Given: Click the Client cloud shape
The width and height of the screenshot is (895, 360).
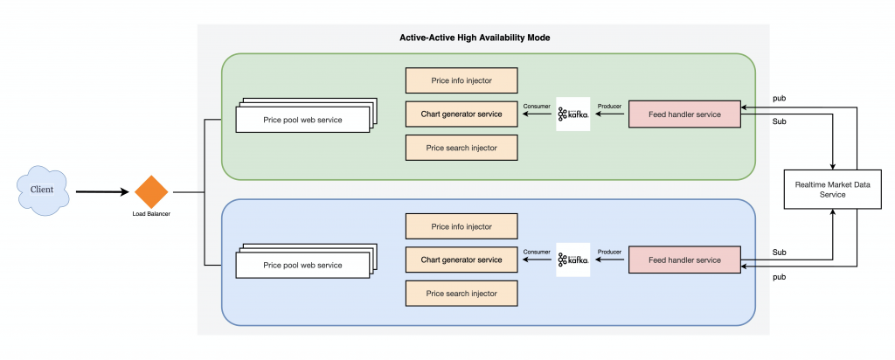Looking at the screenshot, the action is click(x=43, y=190).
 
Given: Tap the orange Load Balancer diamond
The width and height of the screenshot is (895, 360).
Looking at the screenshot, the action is click(x=151, y=192).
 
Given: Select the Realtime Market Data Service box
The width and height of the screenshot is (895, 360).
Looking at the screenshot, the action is click(x=833, y=190).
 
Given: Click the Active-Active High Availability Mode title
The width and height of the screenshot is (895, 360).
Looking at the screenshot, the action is click(x=475, y=38).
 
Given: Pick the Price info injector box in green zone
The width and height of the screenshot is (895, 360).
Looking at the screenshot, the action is click(x=461, y=80).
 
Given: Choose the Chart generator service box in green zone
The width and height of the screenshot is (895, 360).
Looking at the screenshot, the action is click(x=461, y=114).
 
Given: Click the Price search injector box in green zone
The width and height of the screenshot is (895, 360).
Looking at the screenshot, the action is click(x=461, y=148).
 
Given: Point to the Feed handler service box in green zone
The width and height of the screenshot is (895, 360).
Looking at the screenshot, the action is click(x=684, y=114).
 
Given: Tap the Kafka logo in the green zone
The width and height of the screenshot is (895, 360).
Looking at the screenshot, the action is click(x=573, y=114).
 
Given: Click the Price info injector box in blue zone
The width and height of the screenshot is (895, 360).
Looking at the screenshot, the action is click(x=461, y=226).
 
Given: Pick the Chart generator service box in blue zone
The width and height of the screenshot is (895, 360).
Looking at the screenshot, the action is click(x=461, y=260).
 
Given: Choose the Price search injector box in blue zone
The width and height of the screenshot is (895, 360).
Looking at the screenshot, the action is click(x=461, y=294).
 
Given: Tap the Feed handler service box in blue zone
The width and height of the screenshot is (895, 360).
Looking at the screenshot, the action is click(x=684, y=260).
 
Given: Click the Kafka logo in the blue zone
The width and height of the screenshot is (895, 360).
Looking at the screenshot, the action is click(x=573, y=260).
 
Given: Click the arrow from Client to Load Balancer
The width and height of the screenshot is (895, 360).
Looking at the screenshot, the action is click(x=103, y=192).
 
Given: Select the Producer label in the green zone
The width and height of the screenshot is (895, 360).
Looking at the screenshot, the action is click(x=609, y=106).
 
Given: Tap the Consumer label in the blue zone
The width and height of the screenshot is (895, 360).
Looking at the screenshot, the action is click(x=537, y=252).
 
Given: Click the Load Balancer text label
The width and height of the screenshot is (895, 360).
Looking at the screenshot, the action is click(x=151, y=214).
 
